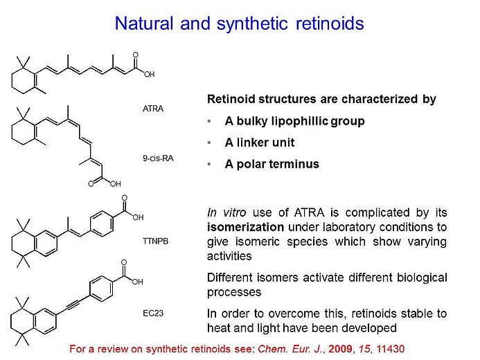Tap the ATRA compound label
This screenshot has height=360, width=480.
[x=152, y=109]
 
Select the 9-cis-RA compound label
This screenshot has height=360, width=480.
[x=157, y=158]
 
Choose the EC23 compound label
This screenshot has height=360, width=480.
[x=152, y=312]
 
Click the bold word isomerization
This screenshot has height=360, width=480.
[x=241, y=226]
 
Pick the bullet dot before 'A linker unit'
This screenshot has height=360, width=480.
[x=210, y=143]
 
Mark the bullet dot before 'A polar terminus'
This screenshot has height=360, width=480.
[x=210, y=164]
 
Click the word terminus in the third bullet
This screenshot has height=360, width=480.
[x=293, y=164]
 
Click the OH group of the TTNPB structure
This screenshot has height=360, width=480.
[x=138, y=217]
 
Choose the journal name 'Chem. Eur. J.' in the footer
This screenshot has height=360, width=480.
[x=292, y=348]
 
